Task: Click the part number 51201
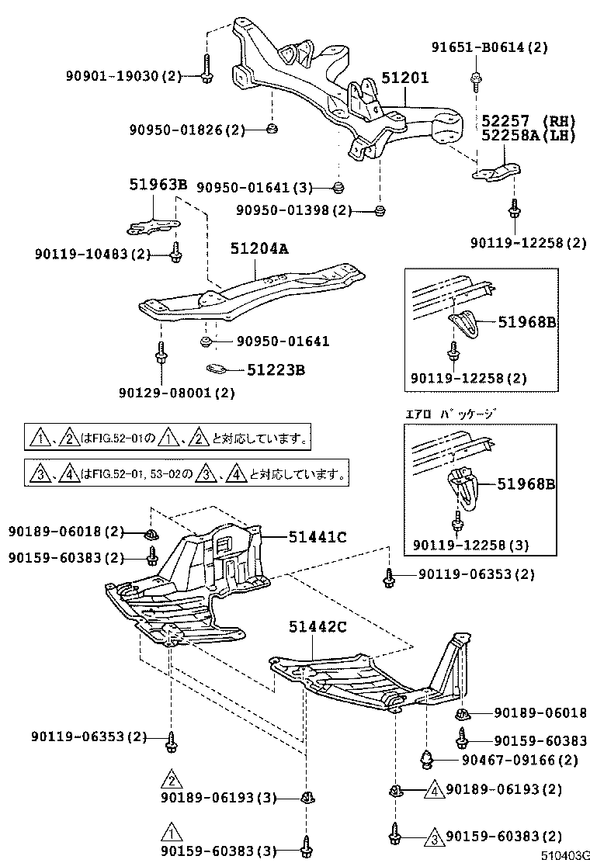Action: tap(404, 78)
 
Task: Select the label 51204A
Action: tap(259, 248)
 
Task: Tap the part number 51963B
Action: tap(158, 185)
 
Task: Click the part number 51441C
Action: tap(318, 535)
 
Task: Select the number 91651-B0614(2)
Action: tap(490, 47)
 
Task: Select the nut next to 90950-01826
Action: tap(272, 128)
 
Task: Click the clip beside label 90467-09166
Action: tap(427, 757)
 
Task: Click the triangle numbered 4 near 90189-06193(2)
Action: tap(434, 790)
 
